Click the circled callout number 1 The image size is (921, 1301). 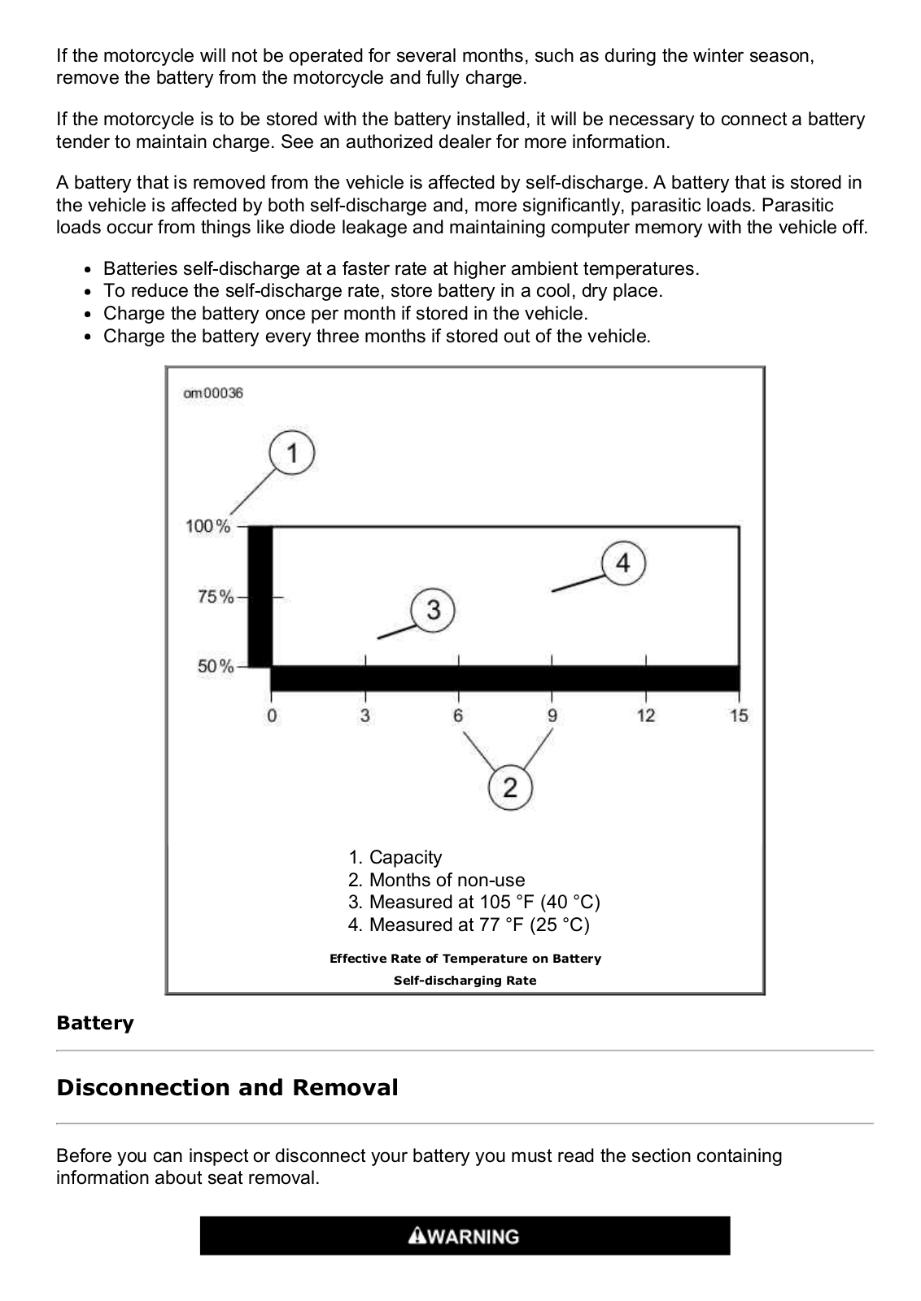tap(292, 453)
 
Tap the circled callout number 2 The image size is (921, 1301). tap(510, 787)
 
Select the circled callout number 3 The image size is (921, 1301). tap(433, 609)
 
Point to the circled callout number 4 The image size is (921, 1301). tap(623, 563)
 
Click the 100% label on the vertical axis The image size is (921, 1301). tap(208, 526)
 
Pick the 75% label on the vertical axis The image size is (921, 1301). tap(215, 597)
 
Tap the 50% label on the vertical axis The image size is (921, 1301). tap(215, 667)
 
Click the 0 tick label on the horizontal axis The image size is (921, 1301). tap(272, 716)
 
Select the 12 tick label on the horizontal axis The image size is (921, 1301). tap(646, 716)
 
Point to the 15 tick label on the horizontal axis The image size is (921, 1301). tap(739, 716)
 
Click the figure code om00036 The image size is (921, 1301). tap(213, 394)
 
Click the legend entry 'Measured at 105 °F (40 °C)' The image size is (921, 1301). tap(474, 902)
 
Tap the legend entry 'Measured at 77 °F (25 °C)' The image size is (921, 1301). tap(469, 925)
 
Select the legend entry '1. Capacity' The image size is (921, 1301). tap(395, 857)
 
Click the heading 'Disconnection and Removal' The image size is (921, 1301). tap(227, 1087)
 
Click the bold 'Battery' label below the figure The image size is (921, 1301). tap(94, 1023)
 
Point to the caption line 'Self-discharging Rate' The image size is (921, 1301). tap(465, 981)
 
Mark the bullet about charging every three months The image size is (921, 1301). tap(377, 336)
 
